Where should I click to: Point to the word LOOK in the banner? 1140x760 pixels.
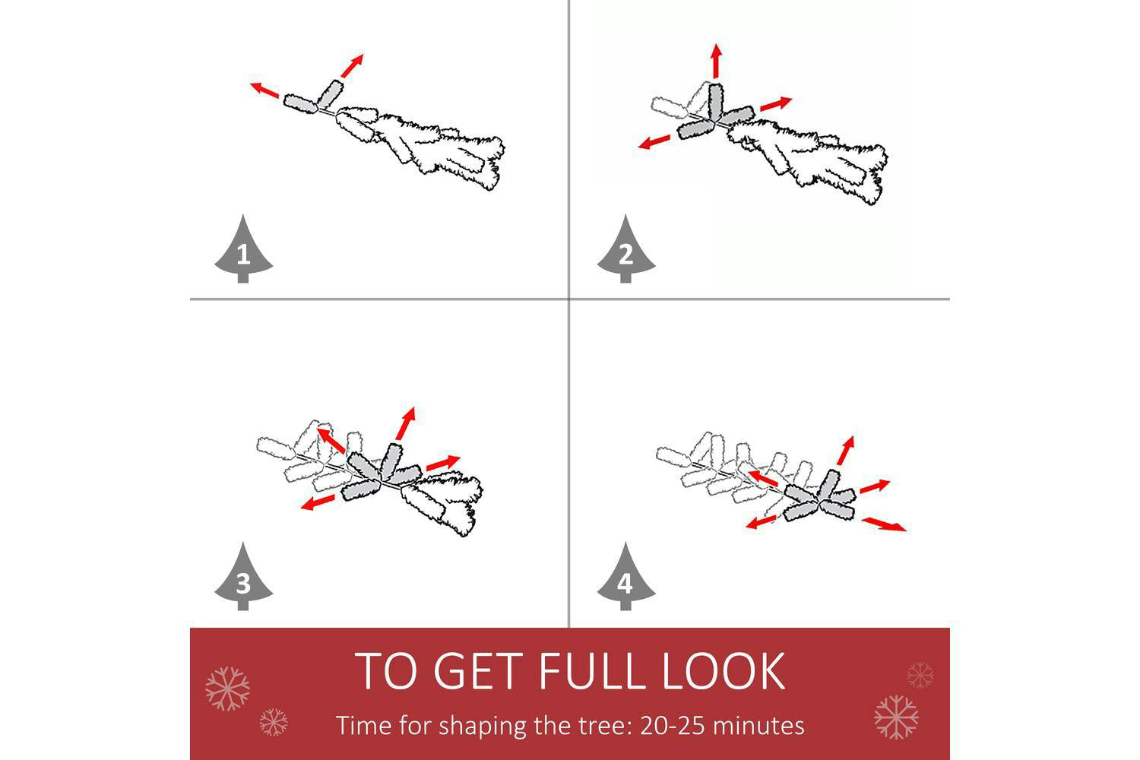pos(724,671)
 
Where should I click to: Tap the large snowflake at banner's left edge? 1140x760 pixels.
pos(227,689)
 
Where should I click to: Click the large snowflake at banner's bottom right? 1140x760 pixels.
pos(896,717)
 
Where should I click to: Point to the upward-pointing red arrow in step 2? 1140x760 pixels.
pos(717,61)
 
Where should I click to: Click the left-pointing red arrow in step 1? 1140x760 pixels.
pos(264,90)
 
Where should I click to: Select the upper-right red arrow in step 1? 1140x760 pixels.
pos(352,65)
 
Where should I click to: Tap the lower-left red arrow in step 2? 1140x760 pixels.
pos(654,142)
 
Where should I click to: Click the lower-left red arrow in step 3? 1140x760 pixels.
pos(318,502)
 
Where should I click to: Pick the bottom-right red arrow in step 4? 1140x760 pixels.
pos(884,525)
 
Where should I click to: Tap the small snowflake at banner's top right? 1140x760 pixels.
pos(920,676)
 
